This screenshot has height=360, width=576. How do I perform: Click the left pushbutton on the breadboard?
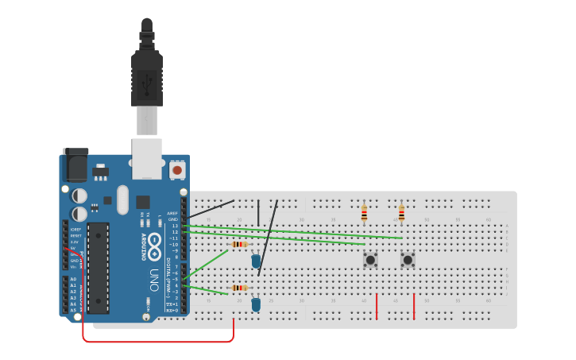pos(370,259)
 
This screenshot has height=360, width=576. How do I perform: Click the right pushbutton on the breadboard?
pos(408,259)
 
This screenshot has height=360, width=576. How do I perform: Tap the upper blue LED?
pos(256,260)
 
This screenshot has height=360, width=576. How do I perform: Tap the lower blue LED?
pos(256,304)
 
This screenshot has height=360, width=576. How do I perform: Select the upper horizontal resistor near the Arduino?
pos(239,244)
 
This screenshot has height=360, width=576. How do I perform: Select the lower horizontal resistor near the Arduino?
pos(238,288)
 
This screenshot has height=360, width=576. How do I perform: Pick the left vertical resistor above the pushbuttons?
pos(364,213)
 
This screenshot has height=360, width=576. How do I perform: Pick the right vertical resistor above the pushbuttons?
pos(401,213)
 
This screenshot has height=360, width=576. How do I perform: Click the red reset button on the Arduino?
pos(176,169)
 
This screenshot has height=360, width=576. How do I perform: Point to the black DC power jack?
pos(75,165)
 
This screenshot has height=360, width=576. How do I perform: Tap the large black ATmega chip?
pos(98,267)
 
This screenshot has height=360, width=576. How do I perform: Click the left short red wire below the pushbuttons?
pos(377,306)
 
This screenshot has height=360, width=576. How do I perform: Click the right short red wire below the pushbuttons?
pos(414,306)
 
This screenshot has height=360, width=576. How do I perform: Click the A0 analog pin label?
pos(73,279)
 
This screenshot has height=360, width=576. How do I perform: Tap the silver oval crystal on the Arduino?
pos(122,199)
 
